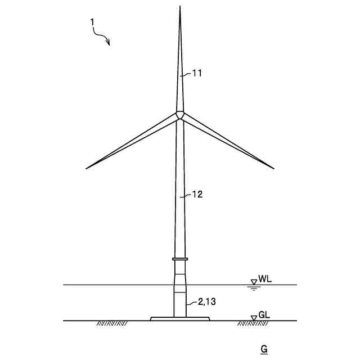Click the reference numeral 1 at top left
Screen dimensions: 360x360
click(x=92, y=22)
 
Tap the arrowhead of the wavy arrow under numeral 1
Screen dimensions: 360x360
click(x=108, y=43)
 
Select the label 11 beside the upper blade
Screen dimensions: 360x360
click(x=197, y=74)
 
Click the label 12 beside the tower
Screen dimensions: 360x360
click(x=197, y=195)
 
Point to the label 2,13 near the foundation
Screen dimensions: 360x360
click(x=207, y=301)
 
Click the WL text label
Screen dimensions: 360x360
click(x=265, y=279)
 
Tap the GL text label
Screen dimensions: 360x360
click(x=264, y=315)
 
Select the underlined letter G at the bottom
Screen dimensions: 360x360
click(x=264, y=349)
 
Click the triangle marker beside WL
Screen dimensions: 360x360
click(x=254, y=282)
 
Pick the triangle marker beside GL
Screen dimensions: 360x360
click(x=254, y=318)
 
